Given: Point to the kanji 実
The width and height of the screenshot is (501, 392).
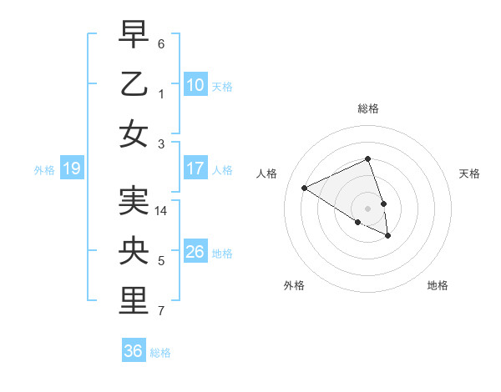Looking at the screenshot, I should tap(134, 200).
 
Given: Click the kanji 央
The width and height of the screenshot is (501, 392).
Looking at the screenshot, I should tap(134, 250).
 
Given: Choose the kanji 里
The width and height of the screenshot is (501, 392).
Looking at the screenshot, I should tap(134, 300).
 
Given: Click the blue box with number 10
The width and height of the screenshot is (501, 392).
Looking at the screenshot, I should tap(195, 84).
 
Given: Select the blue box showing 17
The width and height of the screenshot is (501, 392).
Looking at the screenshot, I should tap(195, 168).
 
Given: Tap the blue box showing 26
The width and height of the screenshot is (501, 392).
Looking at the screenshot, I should tap(195, 252).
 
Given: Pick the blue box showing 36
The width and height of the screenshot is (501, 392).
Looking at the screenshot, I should tap(134, 351).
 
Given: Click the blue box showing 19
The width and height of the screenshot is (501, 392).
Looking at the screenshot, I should tap(71, 168).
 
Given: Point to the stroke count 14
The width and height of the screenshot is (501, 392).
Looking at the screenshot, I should tap(161, 211).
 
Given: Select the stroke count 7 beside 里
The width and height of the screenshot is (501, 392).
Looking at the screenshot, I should tap(161, 312).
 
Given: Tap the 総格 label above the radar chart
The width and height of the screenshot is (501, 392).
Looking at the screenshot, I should tap(368, 108).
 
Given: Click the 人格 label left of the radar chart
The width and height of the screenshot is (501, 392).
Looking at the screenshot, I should tap(267, 173).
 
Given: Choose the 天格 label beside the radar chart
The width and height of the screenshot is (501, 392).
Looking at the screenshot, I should tap(469, 173).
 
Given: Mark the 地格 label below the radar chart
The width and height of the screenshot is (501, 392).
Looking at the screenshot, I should tap(438, 285).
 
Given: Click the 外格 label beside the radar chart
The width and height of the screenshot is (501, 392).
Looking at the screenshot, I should tap(294, 285).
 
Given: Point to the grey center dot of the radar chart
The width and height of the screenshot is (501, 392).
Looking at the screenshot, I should tap(368, 208).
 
